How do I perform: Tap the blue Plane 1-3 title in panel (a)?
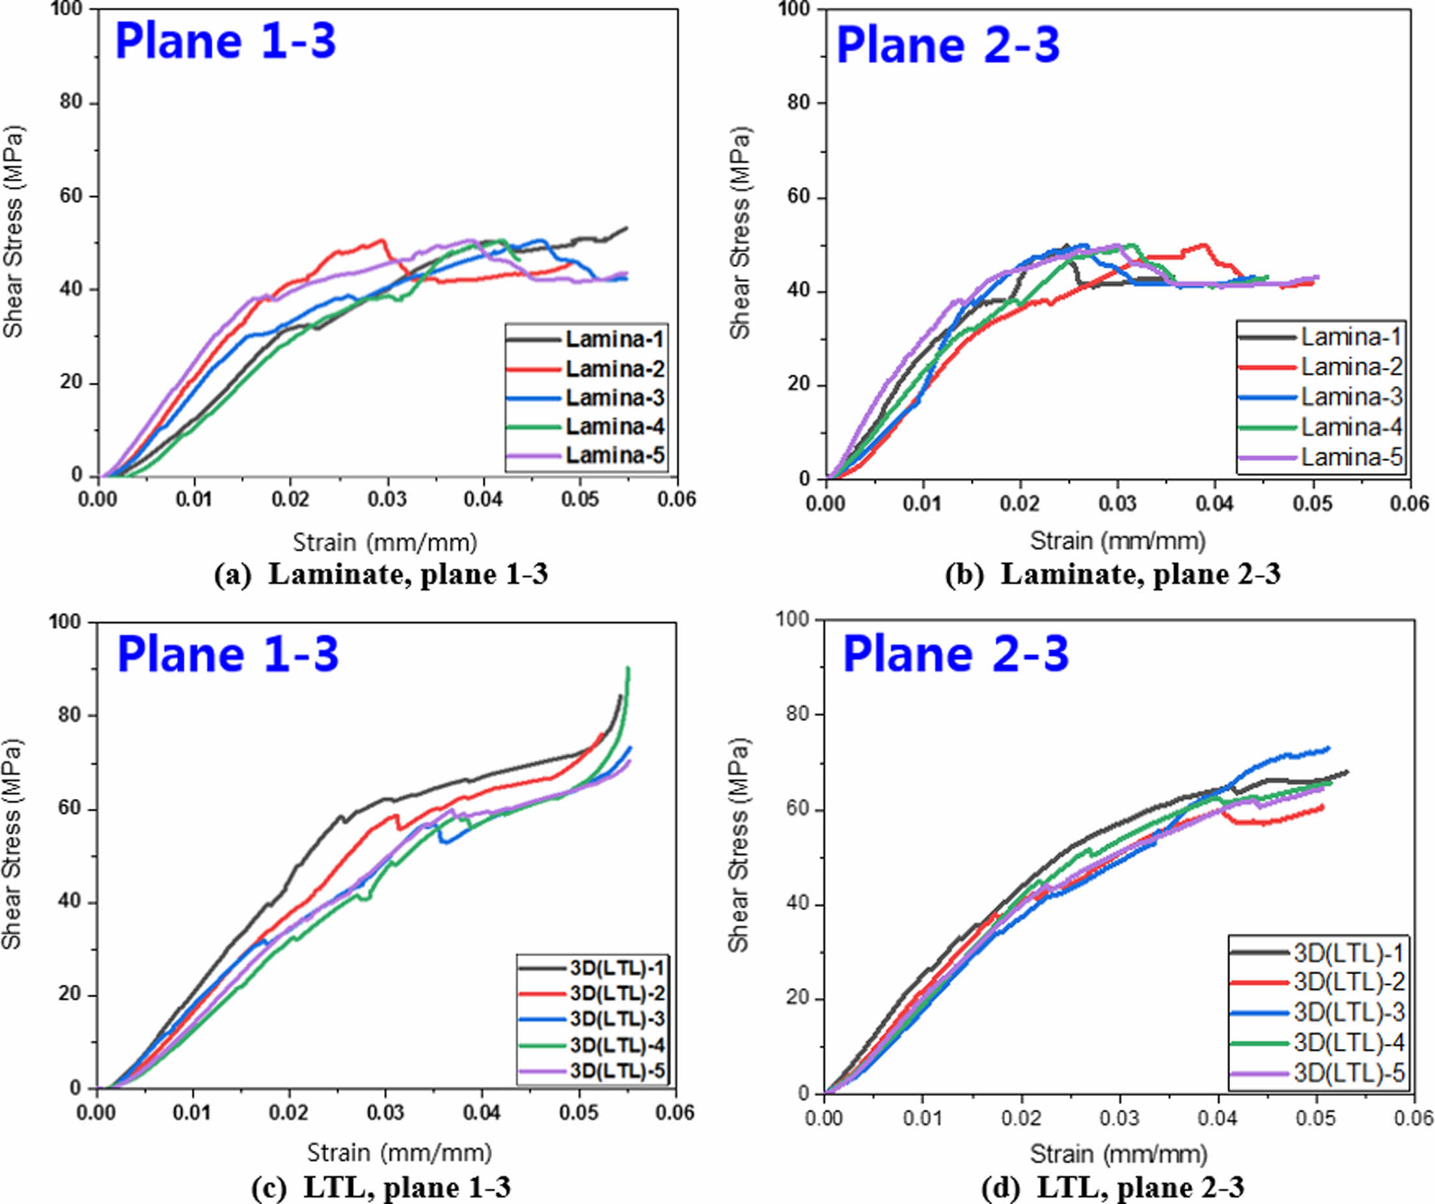coord(225,41)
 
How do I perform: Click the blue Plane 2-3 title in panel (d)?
coord(955,654)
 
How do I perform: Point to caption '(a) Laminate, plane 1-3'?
coord(381,574)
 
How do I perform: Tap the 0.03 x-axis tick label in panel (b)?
coord(1117,504)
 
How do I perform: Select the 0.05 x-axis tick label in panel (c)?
coord(579,1112)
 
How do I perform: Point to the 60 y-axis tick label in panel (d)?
coord(797,809)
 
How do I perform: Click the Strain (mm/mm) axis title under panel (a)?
coord(385,542)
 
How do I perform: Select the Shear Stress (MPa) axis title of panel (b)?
coord(739,232)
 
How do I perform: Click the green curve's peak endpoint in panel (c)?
coord(628,668)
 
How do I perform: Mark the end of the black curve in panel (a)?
coord(626,229)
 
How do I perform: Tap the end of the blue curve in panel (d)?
coord(1328,748)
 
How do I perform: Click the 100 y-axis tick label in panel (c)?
coord(65,622)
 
